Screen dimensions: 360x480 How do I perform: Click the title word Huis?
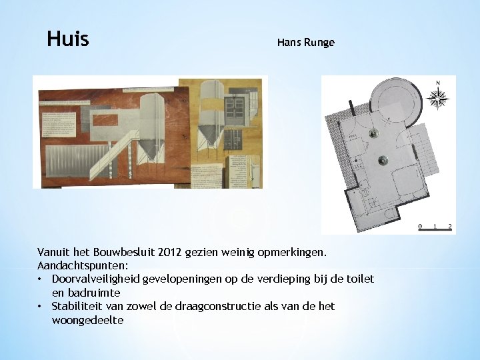[68, 39]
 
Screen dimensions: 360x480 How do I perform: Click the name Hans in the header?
[289, 43]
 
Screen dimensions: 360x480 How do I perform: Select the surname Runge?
[320, 43]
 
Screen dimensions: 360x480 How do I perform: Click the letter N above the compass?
[438, 83]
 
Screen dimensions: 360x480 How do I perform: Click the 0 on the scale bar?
[420, 227]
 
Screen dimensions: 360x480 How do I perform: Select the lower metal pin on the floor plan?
[383, 160]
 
